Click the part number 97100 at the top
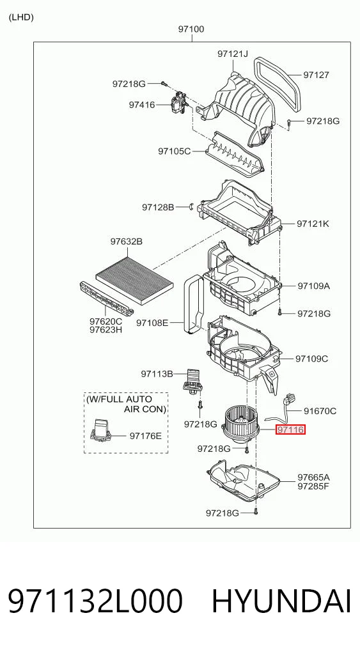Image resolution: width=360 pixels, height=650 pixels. (191, 29)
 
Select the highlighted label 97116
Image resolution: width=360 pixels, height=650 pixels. (291, 430)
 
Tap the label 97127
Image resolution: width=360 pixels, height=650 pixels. (316, 75)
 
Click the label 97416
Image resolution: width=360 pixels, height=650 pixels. (142, 105)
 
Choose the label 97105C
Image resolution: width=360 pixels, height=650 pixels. (174, 151)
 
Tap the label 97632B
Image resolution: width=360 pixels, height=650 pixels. (126, 241)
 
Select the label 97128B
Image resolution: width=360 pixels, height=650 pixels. (158, 207)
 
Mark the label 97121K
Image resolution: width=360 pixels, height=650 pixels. (313, 224)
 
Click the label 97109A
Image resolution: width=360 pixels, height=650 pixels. (313, 286)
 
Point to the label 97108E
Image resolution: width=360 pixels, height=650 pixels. (152, 322)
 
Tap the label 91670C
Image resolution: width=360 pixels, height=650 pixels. (320, 411)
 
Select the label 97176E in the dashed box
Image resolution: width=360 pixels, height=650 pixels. (145, 436)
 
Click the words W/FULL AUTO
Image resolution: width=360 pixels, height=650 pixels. (120, 399)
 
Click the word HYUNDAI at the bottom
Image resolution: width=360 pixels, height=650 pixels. (282, 601)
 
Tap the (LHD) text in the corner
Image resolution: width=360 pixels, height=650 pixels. (20, 17)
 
